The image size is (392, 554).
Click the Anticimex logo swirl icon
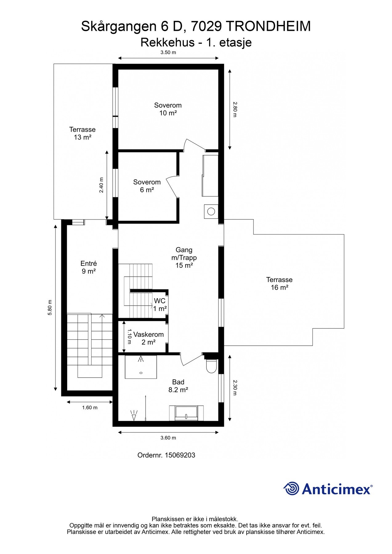point(291,488)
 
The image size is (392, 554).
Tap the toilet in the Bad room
point(211,366)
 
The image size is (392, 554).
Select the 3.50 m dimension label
point(168,52)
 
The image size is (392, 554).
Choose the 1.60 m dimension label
point(90,407)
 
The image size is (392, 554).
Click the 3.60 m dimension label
point(168,438)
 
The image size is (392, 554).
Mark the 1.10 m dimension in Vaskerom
point(129,337)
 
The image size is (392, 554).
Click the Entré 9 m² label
point(89,267)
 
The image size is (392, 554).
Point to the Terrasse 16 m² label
point(279,283)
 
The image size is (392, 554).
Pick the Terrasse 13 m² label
point(82,133)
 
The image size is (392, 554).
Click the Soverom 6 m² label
point(147,186)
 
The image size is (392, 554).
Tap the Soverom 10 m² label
point(168,109)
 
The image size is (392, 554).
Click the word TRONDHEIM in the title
point(268,27)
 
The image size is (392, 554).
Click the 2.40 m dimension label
point(101,185)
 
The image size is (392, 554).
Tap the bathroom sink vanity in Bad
point(186,413)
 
